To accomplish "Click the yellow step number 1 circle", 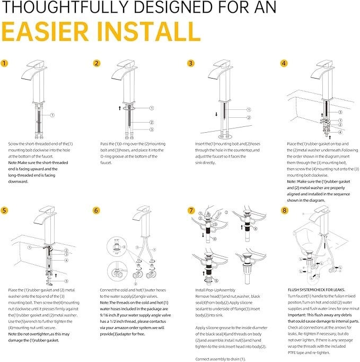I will click(5, 63).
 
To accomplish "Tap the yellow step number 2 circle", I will click(96, 63).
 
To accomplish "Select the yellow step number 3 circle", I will click(191, 63).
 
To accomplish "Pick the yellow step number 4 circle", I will click(284, 63).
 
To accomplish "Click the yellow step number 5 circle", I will click(5, 210).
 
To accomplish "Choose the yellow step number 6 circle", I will click(96, 210).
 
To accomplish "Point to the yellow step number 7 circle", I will click(191, 210).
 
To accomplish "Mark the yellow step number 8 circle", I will click(284, 210).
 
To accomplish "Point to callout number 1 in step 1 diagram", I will click(52, 115).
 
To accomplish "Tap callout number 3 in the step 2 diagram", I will click(151, 129).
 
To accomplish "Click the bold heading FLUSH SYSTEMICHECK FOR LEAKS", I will click(318, 290).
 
